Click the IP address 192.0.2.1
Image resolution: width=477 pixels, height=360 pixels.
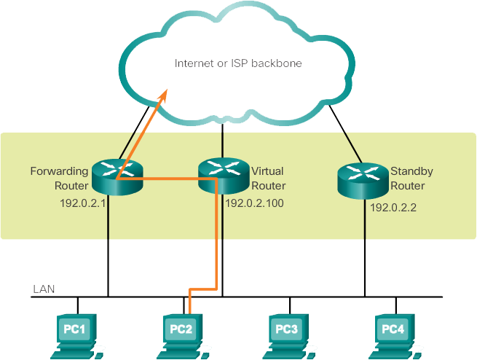83,203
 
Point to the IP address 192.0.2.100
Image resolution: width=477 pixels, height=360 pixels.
254,203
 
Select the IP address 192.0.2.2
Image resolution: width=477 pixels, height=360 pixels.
394,208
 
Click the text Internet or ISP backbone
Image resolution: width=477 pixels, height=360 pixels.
238,63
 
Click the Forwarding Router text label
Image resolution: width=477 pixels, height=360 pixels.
59,178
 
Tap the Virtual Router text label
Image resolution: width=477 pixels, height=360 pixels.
268,178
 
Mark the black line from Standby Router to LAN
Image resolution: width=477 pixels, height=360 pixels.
363,248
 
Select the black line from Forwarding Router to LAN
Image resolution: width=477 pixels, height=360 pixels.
109,248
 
